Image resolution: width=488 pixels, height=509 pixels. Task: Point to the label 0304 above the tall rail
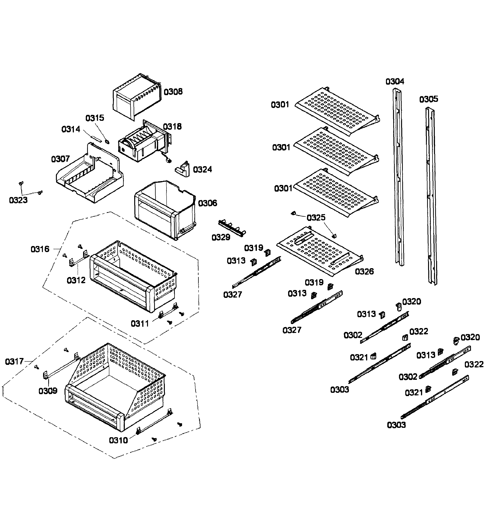395,82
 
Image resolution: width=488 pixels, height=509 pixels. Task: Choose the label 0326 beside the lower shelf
364,272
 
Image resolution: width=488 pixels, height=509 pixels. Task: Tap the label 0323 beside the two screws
18,200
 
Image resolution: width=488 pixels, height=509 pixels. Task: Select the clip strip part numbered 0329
232,228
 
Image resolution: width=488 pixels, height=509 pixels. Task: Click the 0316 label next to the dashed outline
40,249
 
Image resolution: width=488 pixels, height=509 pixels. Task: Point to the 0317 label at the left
14,361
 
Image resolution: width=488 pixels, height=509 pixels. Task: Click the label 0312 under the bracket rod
76,280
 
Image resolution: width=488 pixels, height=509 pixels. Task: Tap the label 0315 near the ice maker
95,118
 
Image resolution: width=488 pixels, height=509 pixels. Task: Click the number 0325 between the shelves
316,218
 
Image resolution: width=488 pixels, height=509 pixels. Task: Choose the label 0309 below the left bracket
48,391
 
